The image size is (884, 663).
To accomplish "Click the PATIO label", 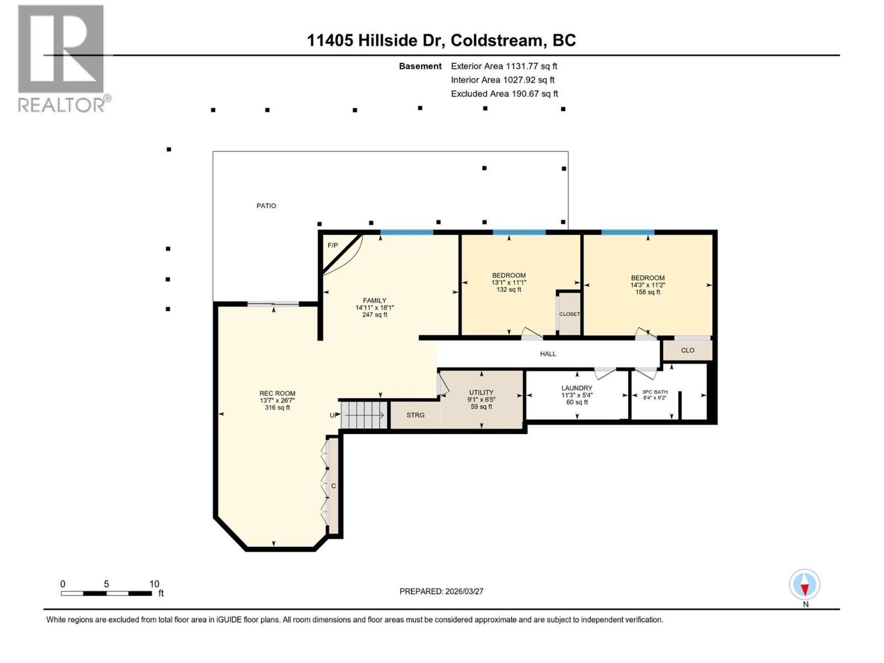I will (266, 206).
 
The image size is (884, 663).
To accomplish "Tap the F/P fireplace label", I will (333, 245).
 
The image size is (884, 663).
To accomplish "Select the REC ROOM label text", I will (277, 393).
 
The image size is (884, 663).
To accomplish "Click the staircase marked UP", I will (363, 415).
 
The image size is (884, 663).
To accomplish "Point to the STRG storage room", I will (415, 415).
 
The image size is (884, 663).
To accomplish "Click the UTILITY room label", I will (481, 392).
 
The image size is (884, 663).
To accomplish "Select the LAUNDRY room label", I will (577, 388).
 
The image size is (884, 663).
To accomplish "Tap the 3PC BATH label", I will (655, 392).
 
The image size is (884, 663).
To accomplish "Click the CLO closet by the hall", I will (687, 350).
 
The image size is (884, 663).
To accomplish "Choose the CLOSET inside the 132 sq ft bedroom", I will (569, 314).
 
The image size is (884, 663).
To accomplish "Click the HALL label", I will (548, 354).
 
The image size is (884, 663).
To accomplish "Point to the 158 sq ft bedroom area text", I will (648, 292).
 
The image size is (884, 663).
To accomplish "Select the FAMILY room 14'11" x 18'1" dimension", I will (375, 308).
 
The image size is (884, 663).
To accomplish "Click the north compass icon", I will (804, 585).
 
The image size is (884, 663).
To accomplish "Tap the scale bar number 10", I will (154, 584).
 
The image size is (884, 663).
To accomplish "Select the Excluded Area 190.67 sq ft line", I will (504, 94).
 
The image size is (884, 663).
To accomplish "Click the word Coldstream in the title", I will (496, 40).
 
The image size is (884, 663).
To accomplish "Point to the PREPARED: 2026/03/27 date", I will (441, 591).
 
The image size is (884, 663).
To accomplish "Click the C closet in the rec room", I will (333, 486).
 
